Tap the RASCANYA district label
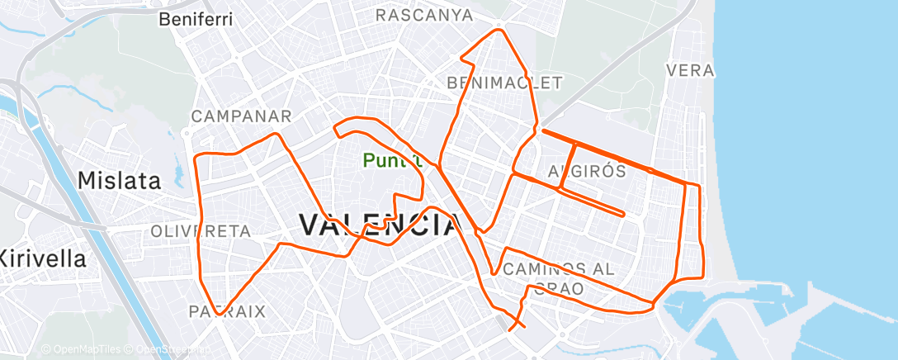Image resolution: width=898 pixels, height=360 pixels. click(424, 15)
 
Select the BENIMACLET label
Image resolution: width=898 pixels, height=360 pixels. click(504, 83)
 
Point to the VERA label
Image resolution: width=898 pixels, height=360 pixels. click(689, 70)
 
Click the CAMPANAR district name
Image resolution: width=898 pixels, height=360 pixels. click(242, 116)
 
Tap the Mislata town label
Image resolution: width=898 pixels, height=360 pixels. click(119, 180)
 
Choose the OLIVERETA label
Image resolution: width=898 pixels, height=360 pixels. click(201, 231)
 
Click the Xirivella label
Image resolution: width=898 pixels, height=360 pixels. click(42, 258)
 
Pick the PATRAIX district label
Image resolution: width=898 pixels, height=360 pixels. click(227, 311)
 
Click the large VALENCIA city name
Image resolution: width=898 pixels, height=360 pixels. click(379, 225)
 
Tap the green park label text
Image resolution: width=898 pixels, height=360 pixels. click(391, 160)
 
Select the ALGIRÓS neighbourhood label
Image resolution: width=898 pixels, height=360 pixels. click(587, 171)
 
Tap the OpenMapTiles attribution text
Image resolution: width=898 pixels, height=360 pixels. click(82, 350)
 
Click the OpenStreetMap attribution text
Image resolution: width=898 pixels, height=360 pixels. click(165, 350)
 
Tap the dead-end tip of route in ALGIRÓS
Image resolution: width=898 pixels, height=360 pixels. click(623, 215)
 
